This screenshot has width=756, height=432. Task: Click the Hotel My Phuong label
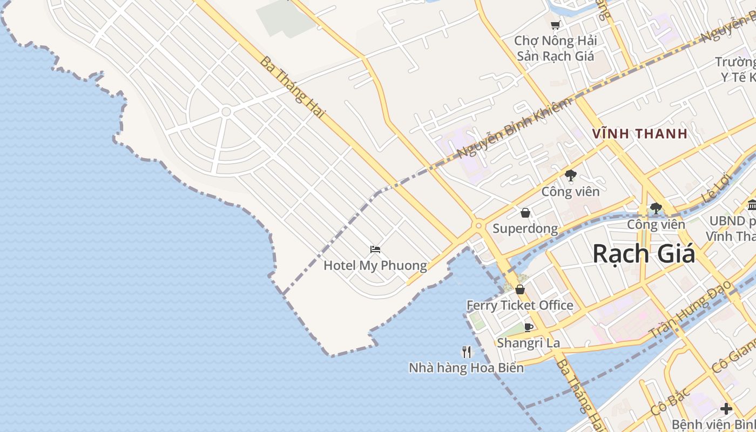[x=375, y=265]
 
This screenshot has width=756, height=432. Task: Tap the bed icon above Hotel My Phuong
[x=375, y=249]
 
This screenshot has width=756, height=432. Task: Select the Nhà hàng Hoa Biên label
[x=466, y=368]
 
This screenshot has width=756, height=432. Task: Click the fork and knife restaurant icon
[x=467, y=352]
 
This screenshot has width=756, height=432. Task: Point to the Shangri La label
[x=528, y=343]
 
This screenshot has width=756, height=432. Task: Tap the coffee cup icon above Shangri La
[x=529, y=327]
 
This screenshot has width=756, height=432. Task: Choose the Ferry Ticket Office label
[x=519, y=305]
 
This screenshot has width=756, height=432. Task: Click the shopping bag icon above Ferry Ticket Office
[x=520, y=290]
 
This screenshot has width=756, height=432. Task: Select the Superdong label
[x=525, y=228]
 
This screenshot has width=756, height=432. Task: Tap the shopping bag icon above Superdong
[x=525, y=213]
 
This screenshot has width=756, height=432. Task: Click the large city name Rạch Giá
[x=644, y=254]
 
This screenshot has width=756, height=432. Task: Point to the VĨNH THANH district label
[x=639, y=133]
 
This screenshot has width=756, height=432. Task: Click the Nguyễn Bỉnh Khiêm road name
[x=514, y=129]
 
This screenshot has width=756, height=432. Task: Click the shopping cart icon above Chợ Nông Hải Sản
[x=555, y=25]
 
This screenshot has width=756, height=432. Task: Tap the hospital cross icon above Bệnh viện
[x=726, y=409]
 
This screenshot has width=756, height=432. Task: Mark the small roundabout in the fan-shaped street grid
[x=226, y=112]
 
